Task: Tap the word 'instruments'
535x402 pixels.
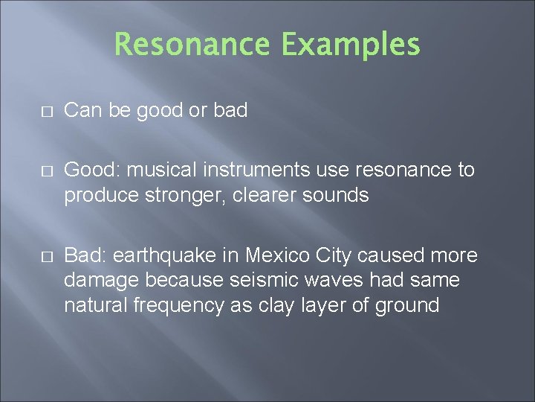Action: [x=256, y=170]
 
